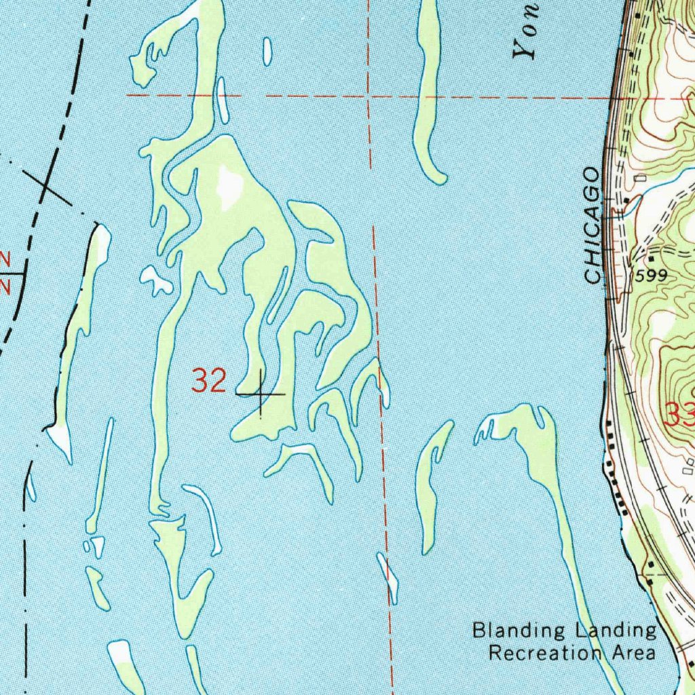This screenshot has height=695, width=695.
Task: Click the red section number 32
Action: pos(208,380)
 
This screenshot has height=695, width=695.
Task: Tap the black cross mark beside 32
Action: pos(261,394)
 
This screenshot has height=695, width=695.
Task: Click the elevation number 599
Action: pos(652,276)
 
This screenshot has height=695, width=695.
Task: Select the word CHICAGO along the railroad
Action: pos(594,225)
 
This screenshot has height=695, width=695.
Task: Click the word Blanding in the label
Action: pos(519,631)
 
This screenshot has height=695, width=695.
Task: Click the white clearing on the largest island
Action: pos(230,185)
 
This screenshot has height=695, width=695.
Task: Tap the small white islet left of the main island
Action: pos(155,280)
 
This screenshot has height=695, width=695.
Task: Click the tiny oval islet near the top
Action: pos(267,52)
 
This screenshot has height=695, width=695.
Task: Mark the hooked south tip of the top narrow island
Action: pos(438,179)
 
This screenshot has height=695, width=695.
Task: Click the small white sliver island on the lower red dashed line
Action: pos(388,576)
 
